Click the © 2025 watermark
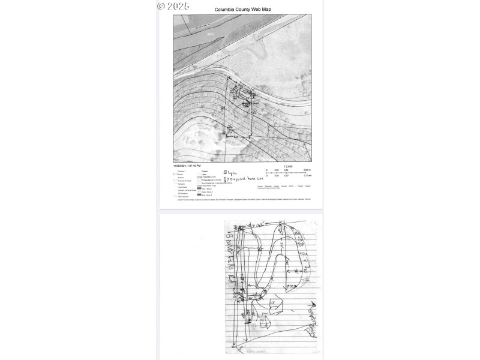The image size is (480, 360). (x=173, y=6)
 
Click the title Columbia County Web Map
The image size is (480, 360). (x=242, y=9)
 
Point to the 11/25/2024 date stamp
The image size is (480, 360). (x=187, y=165)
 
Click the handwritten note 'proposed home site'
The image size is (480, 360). (x=248, y=178)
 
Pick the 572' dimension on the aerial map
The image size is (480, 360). (x=254, y=112)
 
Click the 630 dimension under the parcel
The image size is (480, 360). (x=236, y=137)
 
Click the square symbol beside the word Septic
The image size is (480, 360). (x=225, y=172)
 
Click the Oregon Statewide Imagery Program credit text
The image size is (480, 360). (x=283, y=186)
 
